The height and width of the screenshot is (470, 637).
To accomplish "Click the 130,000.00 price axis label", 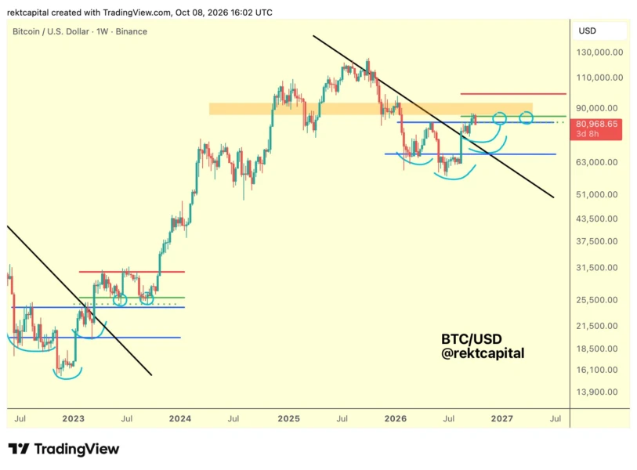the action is (599, 52).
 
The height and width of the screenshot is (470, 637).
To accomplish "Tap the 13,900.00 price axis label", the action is (597, 392).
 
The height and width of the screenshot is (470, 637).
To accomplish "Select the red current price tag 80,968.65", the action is (596, 128).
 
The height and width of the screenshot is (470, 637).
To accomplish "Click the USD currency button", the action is (587, 31).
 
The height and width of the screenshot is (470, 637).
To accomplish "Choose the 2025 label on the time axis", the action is (288, 418).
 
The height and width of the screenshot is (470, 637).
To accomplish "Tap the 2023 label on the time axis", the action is (73, 418).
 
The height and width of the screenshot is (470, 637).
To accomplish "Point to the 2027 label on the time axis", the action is (501, 418).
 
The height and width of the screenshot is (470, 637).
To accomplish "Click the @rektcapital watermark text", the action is (483, 353).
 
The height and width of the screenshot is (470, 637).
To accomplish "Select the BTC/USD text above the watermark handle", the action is (471, 338).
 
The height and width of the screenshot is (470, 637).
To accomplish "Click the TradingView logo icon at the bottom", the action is (19, 449).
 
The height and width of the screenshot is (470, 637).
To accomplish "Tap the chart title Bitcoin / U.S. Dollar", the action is (51, 31).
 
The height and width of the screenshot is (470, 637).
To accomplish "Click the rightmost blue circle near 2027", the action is (526, 118).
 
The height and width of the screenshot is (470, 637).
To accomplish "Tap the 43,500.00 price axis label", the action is (597, 219).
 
